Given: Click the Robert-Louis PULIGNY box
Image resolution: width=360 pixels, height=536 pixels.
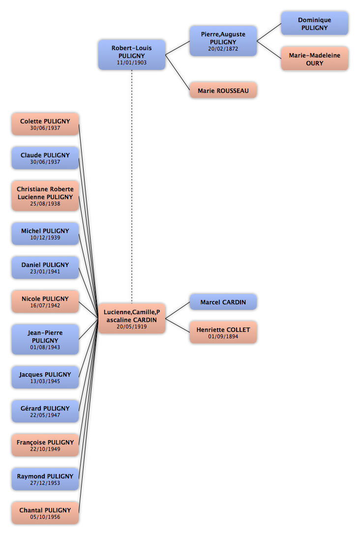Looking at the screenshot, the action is [x=132, y=55].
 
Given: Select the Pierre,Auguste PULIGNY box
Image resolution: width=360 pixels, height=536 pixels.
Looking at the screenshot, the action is [x=223, y=41].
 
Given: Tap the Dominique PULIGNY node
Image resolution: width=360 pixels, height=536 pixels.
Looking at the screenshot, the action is [x=315, y=23].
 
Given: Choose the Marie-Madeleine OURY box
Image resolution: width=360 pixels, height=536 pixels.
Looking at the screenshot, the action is [x=315, y=59].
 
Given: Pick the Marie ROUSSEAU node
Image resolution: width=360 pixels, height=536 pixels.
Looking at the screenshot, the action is [x=223, y=90].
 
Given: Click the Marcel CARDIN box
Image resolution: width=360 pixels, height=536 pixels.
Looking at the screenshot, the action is [x=223, y=302].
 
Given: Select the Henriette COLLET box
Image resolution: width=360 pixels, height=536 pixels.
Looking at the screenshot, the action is [x=223, y=332].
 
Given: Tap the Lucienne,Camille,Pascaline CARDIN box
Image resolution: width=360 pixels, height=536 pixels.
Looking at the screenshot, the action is [x=132, y=319].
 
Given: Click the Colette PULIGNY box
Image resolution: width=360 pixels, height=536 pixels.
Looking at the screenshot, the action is [x=45, y=124].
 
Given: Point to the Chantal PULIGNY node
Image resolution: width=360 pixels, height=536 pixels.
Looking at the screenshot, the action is [x=45, y=513].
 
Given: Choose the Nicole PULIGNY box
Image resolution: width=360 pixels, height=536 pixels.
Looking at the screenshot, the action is [x=45, y=301].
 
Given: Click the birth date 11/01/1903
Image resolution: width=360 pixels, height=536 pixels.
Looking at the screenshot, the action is [x=132, y=62].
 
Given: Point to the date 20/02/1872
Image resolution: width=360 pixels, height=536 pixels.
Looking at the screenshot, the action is [x=223, y=49].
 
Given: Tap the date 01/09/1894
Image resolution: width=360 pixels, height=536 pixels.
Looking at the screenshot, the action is [x=223, y=336].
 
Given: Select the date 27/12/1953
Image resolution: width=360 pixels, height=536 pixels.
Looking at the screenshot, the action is [x=45, y=483].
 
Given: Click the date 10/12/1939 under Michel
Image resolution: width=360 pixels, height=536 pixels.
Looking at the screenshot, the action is [x=45, y=238].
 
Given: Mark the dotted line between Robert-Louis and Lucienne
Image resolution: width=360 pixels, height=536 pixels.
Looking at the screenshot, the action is [x=132, y=187].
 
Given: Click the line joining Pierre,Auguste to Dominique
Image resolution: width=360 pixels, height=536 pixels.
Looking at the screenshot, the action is [x=269, y=32].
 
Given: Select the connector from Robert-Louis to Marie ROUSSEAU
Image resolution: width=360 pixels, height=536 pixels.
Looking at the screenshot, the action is [x=178, y=72].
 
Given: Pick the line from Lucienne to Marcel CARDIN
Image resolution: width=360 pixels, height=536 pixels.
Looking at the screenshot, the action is [x=178, y=310].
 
